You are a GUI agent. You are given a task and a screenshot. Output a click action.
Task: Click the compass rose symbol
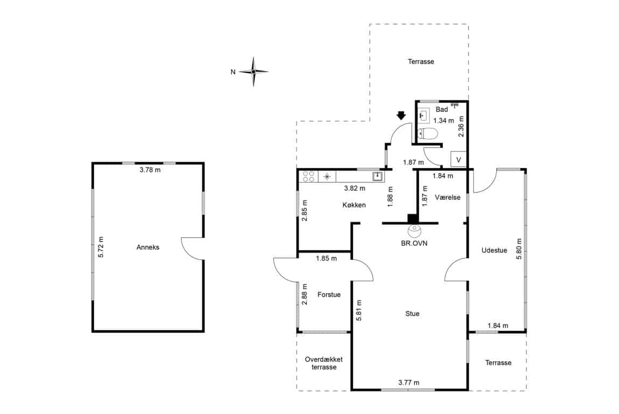click(254, 72)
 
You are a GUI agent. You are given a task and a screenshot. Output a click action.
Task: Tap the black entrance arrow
click(401, 115)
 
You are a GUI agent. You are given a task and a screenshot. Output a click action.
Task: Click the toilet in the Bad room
click(427, 134)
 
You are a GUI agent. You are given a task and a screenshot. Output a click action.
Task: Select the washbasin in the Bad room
click(423, 116)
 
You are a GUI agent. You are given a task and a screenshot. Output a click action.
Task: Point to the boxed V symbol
click(458, 160)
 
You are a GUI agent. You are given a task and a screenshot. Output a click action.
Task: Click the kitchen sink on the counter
click(378, 176)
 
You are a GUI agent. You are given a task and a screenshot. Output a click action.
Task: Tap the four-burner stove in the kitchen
click(308, 176)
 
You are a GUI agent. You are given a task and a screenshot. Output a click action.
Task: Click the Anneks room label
click(148, 247)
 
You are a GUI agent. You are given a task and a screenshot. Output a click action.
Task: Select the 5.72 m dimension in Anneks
click(101, 247)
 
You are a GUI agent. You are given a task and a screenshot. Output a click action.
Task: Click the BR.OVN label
click(414, 243)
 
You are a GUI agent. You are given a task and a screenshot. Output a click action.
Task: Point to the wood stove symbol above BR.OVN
click(414, 229)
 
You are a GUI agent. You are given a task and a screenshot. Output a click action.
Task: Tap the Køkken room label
click(354, 205)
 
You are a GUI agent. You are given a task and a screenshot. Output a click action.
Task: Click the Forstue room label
click(329, 294)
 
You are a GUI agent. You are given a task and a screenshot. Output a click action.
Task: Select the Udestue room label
click(494, 250)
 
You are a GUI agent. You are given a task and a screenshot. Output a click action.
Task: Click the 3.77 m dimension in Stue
click(409, 382)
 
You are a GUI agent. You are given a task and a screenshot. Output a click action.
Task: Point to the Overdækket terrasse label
click(323, 363)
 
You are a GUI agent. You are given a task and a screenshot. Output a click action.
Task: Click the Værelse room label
click(448, 197)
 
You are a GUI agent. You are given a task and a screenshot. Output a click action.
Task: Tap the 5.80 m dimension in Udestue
click(519, 249)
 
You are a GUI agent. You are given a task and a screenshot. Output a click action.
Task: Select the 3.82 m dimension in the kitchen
click(355, 188)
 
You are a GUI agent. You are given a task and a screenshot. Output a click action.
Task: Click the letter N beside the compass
click(233, 72)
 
